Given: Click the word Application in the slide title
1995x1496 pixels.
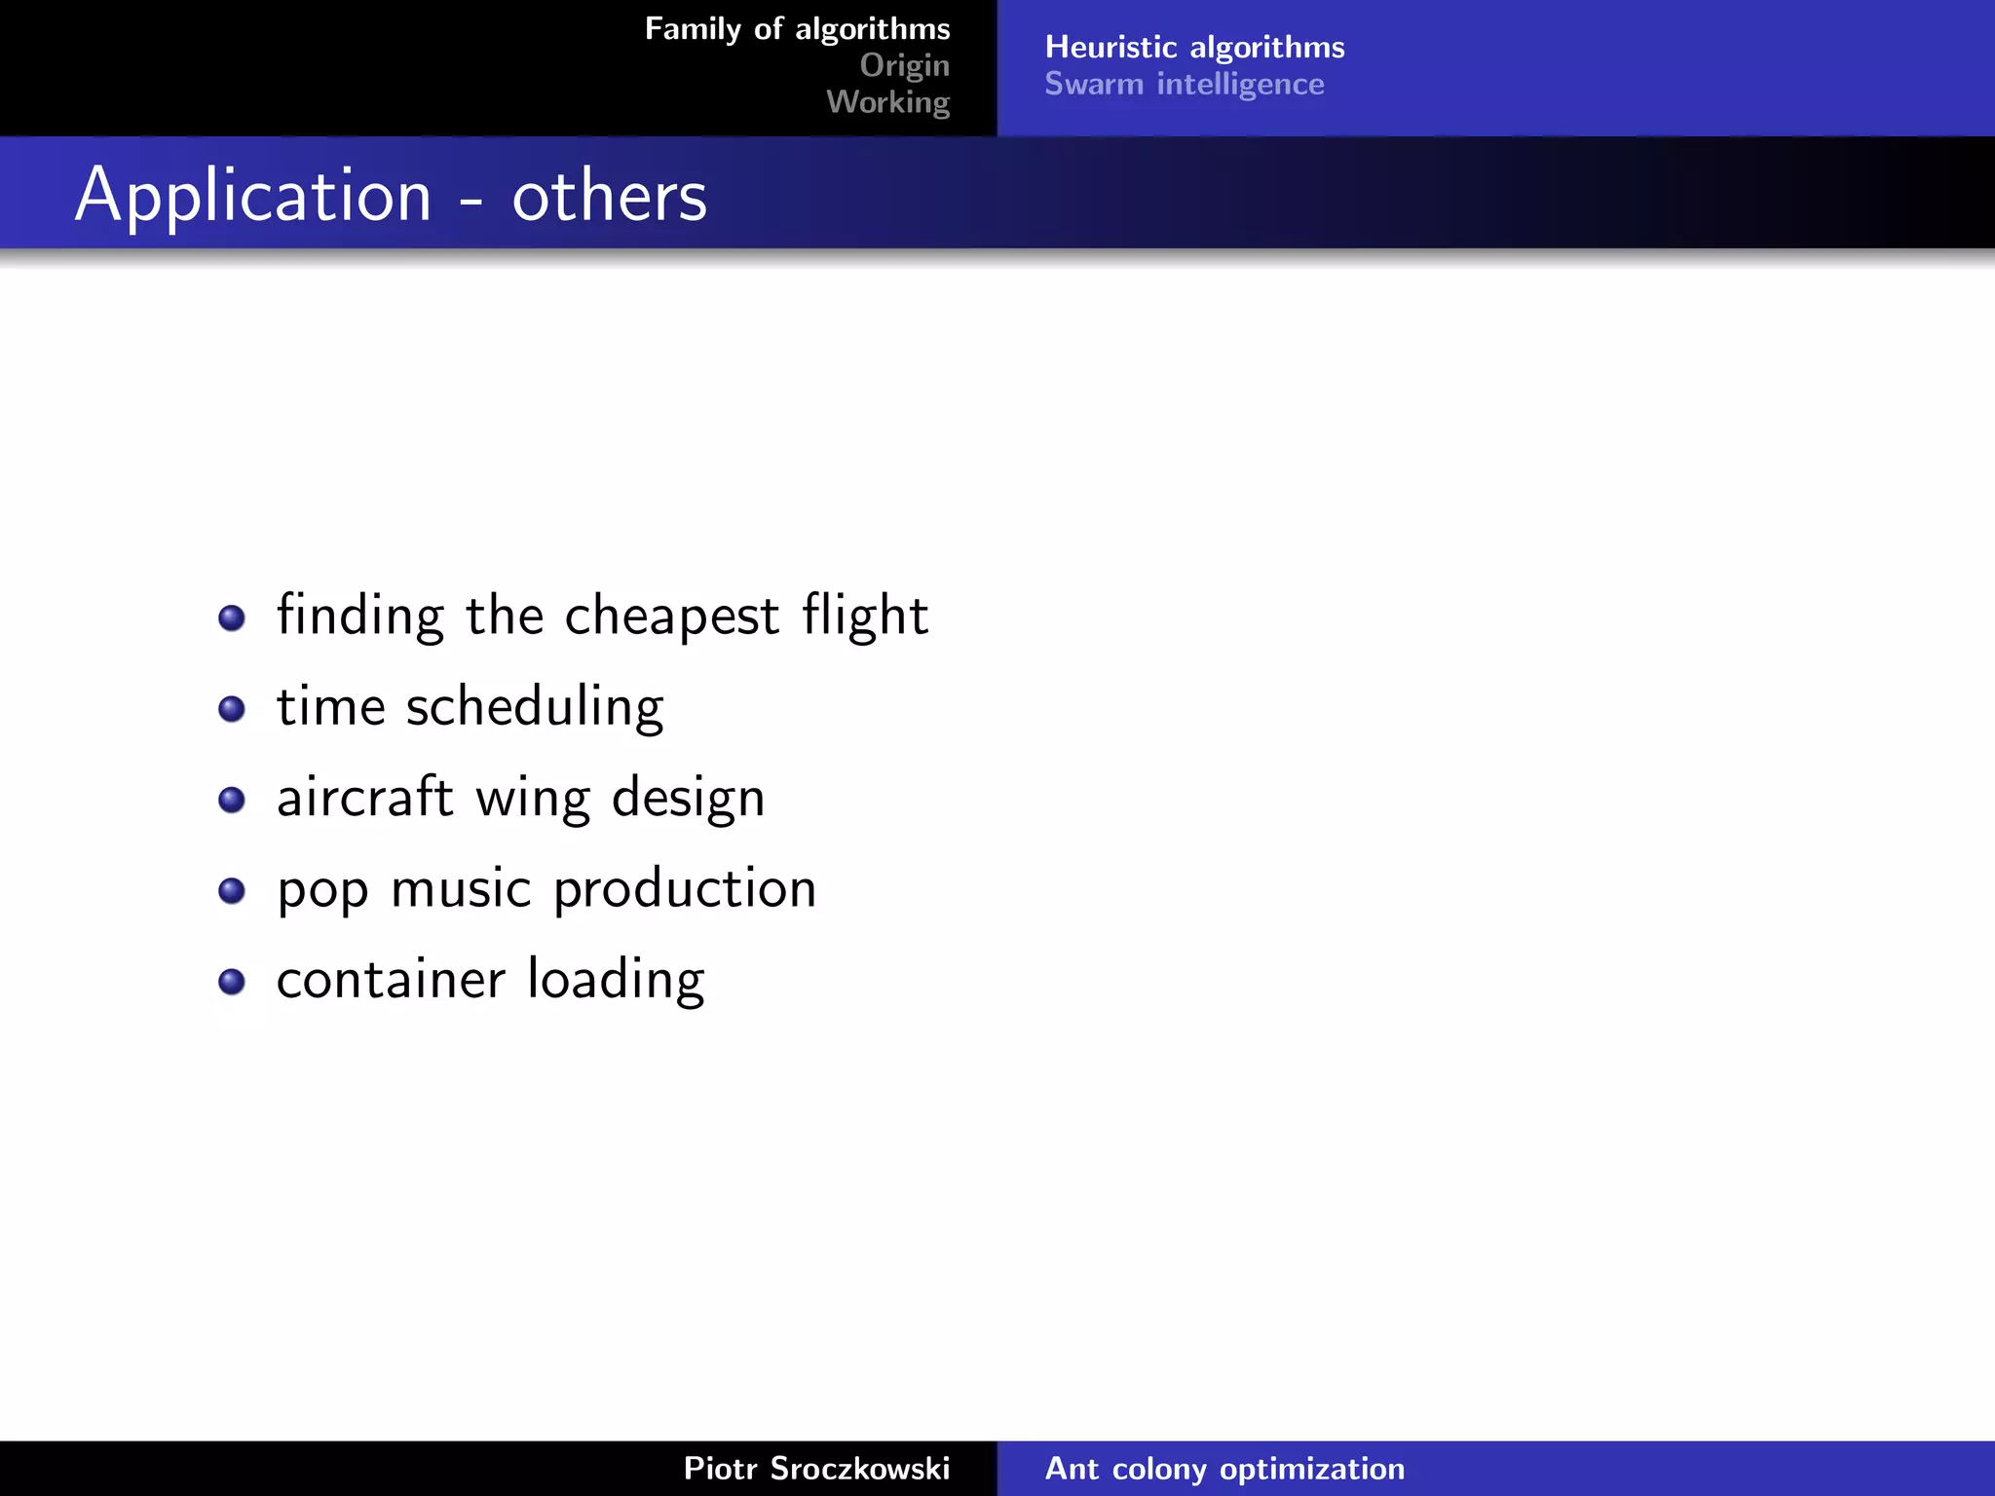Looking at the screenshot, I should coord(253,196).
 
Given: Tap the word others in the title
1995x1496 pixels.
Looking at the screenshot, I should coord(609,196).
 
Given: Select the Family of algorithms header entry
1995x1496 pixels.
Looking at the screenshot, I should coord(797,29).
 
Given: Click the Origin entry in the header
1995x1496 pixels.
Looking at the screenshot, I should coord(904,65).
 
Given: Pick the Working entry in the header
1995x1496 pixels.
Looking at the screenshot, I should coord(887,102).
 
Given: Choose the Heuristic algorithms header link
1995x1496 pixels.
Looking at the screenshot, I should coord(1194,47).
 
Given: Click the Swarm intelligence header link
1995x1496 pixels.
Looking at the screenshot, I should coord(1184,84).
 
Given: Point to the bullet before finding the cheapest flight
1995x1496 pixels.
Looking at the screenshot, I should coord(232,617).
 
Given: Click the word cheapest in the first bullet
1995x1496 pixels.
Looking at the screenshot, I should coord(672,617).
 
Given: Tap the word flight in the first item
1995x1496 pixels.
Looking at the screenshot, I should coord(864,617).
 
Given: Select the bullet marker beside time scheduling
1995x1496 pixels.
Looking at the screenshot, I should coord(232,708).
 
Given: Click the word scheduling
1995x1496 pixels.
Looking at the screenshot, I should coord(535,707).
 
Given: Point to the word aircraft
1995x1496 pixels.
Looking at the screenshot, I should coord(365,798).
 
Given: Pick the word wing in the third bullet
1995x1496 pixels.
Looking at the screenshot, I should coord(532,800).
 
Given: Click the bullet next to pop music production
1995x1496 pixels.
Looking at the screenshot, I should coord(232,890).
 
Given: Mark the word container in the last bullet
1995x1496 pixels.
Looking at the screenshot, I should coord(391,980).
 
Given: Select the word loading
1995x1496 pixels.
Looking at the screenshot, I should coord(616,980).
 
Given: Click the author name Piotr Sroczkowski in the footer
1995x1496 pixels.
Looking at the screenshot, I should coord(816,1468).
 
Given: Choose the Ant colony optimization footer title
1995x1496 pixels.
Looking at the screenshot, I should coord(1224,1468).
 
